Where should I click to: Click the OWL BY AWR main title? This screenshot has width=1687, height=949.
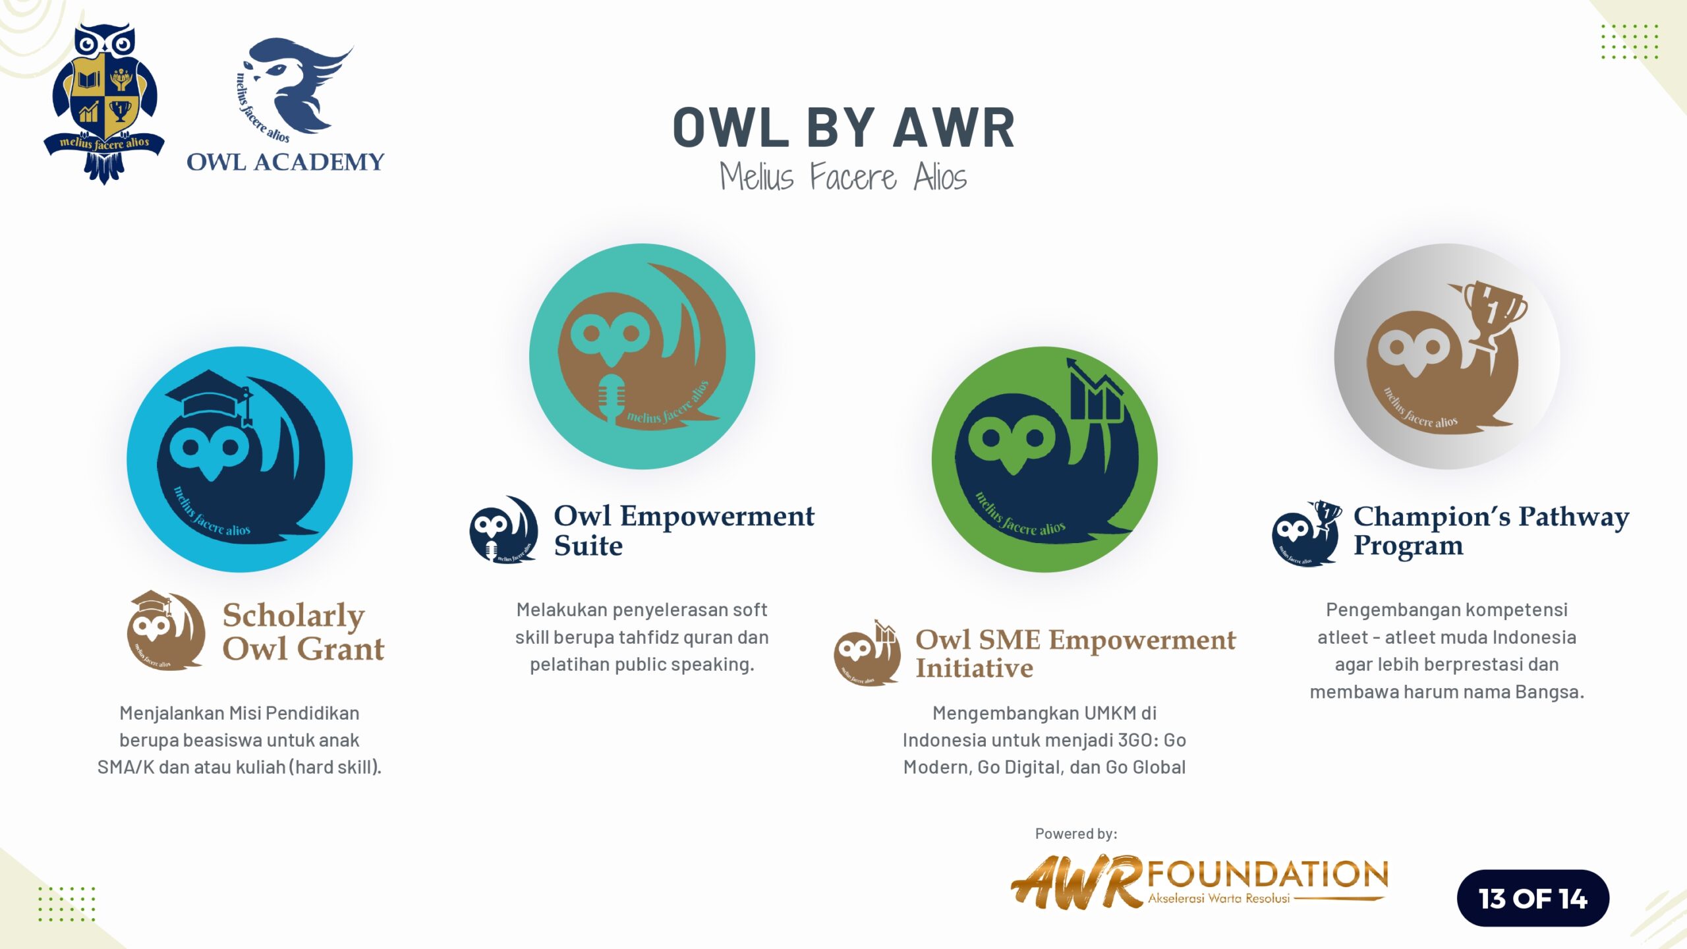pos(843,127)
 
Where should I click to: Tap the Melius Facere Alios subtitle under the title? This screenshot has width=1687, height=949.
pos(843,177)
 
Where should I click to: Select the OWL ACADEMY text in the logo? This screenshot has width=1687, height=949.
pos(285,162)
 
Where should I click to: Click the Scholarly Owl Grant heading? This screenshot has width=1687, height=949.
pos(303,631)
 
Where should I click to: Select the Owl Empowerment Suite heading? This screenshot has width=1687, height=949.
pos(684,531)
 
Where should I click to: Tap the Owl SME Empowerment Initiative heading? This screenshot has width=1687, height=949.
pos(1075,653)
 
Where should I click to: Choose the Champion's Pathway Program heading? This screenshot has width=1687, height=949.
pos(1491,531)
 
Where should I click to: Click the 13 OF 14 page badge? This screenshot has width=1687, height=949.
pos(1533,898)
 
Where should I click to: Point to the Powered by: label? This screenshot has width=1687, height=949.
pos(1076,834)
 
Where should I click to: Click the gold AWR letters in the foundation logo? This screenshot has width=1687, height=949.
pos(1077,882)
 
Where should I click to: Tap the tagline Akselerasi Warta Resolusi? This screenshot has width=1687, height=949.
pos(1218,898)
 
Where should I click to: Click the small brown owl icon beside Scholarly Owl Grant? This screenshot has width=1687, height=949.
pos(165,631)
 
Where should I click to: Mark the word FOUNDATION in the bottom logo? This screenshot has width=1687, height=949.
pos(1268,875)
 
